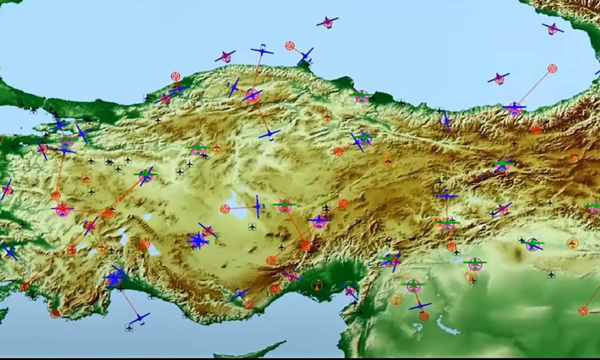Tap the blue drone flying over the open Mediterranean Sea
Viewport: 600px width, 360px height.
pyautogui.click(x=139, y=317)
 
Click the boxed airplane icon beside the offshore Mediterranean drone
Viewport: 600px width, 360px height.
pyautogui.click(x=129, y=327)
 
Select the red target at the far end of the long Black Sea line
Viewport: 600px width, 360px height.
pyautogui.click(x=552, y=68)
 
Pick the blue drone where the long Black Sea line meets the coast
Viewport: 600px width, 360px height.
pyautogui.click(x=514, y=106)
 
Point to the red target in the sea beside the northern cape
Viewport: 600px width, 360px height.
pyautogui.click(x=289, y=46)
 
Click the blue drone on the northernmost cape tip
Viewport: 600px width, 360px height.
pyautogui.click(x=305, y=56)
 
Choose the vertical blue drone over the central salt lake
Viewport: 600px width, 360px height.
pyautogui.click(x=257, y=206)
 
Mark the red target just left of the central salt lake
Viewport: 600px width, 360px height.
pyautogui.click(x=225, y=208)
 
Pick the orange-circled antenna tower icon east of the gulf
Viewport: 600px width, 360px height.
pyautogui.click(x=396, y=299)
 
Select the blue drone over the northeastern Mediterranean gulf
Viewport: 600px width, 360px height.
pyautogui.click(x=349, y=290)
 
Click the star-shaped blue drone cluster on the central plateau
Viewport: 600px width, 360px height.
pyautogui.click(x=198, y=241)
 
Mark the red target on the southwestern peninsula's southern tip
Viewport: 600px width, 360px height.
pyautogui.click(x=55, y=313)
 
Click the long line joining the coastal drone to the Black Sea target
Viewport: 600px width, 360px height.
pyautogui.click(x=533, y=87)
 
